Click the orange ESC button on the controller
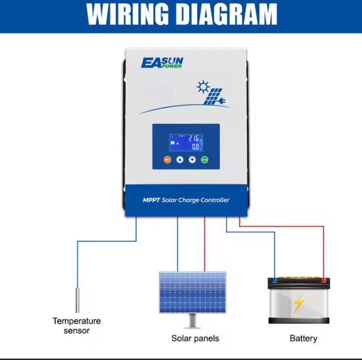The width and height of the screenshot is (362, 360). point(167,160)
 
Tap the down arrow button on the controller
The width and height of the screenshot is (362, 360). point(192,160)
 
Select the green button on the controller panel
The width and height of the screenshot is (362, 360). point(205,160)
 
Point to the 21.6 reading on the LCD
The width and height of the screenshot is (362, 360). point(193,139)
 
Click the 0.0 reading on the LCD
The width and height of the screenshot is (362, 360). point(195,147)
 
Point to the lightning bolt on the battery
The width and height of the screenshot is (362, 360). point(299,304)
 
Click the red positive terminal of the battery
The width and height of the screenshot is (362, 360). point(323,280)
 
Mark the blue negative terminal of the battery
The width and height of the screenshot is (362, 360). point(274,280)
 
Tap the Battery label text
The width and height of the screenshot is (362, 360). point(303,338)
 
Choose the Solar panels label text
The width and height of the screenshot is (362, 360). point(195,338)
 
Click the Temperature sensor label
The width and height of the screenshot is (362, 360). point(77,325)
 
